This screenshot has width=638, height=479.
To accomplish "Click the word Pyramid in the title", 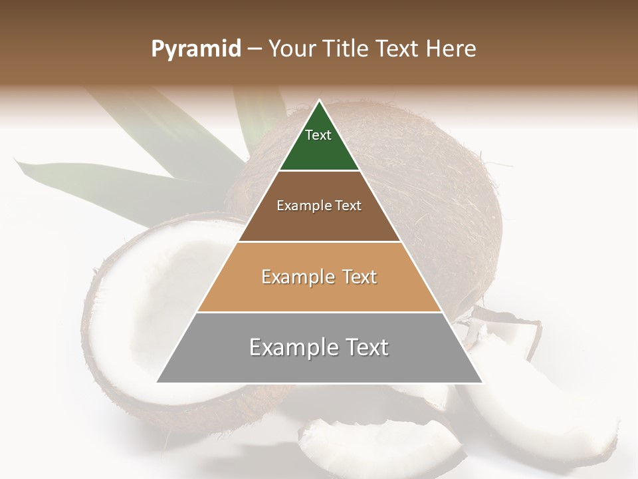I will pos(195,50).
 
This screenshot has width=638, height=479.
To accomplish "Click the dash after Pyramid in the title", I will pos(255,50).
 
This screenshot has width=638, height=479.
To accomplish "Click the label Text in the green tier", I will pos(318,135).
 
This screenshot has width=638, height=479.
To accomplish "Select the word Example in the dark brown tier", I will pos(300,206).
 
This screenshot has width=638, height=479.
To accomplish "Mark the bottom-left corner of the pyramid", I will pos(157,382).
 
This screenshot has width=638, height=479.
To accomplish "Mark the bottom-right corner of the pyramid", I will pos(482,382).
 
